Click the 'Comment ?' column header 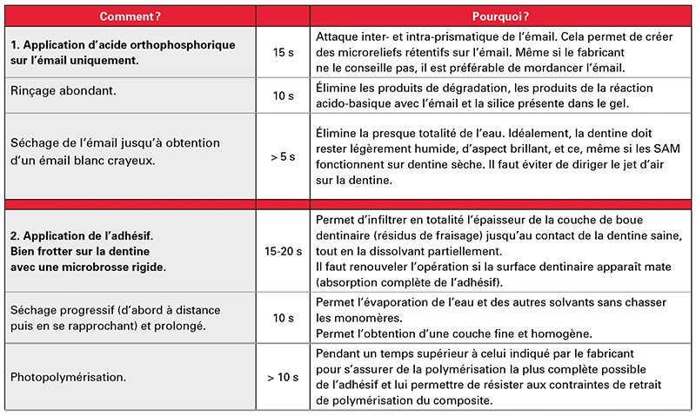[x=128, y=17]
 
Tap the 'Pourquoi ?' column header [x=501, y=17]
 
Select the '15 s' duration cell [x=283, y=53]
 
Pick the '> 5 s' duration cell [x=283, y=157]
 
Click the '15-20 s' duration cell [x=283, y=250]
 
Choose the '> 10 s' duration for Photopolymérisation [x=283, y=378]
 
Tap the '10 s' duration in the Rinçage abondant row [x=283, y=96]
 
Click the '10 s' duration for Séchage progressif [x=283, y=319]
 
